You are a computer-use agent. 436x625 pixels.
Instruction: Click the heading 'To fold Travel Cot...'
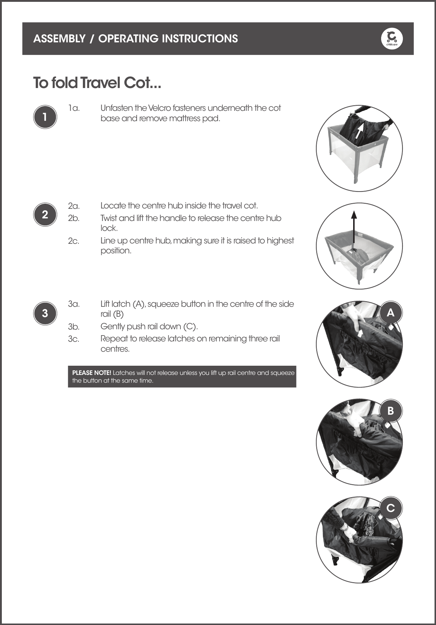tap(97, 83)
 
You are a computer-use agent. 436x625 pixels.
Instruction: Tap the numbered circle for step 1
tap(45, 117)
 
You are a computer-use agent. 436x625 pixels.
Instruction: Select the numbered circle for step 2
tap(45, 215)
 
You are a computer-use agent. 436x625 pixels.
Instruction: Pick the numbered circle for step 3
tap(45, 313)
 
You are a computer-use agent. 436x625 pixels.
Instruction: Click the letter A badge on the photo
tap(390, 313)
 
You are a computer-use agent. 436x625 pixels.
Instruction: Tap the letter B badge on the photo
tap(390, 410)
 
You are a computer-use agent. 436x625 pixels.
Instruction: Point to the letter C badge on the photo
tap(390, 508)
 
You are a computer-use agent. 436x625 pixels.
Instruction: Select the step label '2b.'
tap(74, 218)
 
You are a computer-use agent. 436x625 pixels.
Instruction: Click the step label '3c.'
tap(74, 339)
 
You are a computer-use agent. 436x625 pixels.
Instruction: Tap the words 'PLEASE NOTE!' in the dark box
tap(92, 373)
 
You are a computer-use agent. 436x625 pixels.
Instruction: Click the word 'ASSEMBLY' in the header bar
tap(59, 39)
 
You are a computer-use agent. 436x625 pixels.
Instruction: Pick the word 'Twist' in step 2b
tap(109, 218)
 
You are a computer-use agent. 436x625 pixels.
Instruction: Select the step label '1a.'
tap(74, 108)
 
